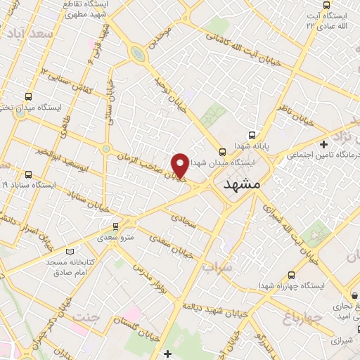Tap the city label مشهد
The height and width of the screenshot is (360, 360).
click(x=241, y=185)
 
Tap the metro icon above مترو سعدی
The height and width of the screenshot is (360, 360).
click(x=116, y=226)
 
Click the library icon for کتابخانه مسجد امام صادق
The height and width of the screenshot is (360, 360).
click(x=68, y=251)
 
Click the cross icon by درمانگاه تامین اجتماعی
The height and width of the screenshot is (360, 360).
click(x=343, y=144)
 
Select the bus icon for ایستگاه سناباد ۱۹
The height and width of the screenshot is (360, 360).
click(x=28, y=174)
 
